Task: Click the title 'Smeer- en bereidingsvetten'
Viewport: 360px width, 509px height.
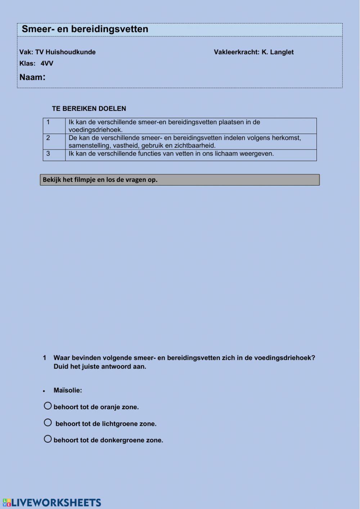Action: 85,29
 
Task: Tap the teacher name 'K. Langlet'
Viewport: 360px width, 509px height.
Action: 278,52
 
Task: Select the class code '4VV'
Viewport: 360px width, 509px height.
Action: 47,63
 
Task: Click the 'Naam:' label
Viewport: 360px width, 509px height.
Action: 32,77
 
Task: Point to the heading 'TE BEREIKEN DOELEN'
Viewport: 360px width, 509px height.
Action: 89,108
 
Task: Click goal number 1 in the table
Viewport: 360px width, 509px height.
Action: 48,122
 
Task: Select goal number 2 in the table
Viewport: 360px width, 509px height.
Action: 48,138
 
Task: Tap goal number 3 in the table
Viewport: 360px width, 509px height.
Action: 48,153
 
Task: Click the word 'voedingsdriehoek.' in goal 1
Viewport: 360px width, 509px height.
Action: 96,130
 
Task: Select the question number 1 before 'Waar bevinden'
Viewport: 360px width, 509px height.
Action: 45,358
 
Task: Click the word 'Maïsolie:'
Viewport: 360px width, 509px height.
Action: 68,390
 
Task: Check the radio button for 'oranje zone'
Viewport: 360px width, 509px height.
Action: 48,406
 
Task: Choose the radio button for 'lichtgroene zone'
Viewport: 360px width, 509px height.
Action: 48,422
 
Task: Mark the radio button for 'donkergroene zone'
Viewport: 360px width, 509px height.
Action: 48,439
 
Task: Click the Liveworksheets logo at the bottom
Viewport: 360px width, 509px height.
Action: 52,503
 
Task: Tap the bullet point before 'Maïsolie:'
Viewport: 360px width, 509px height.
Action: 44,391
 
